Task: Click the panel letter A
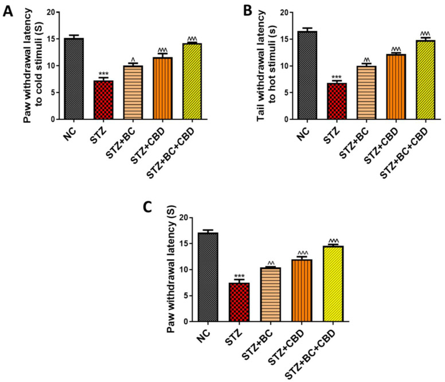tap(10, 11)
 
